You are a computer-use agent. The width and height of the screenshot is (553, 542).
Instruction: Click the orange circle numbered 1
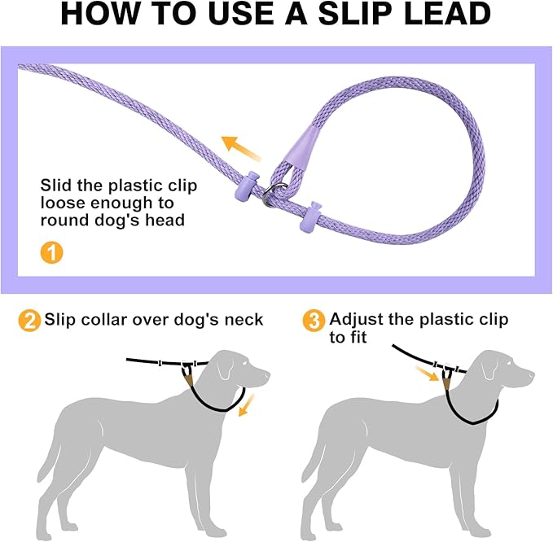pos(50,251)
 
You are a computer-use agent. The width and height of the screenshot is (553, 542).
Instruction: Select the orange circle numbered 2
pos(29,320)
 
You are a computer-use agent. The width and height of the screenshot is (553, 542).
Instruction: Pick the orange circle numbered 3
pos(313,320)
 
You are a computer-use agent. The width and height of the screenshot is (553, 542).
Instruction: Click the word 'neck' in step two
pos(244,320)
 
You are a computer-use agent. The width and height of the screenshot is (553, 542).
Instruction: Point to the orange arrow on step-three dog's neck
pos(429,375)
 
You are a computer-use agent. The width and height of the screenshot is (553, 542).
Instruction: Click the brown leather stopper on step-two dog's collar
pos(189,375)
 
